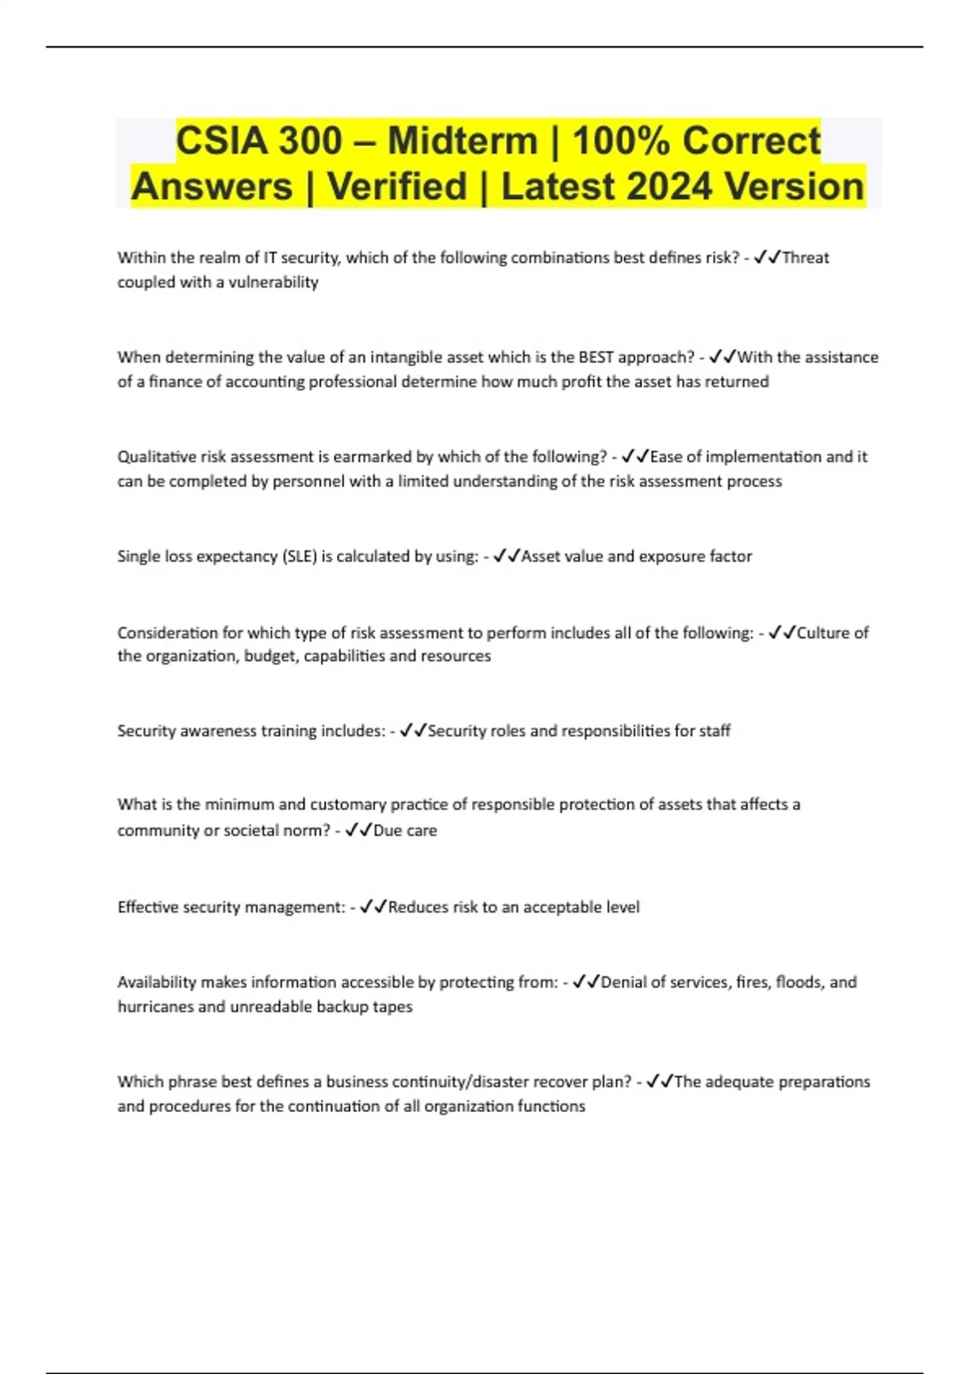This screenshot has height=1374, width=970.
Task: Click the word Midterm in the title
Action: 462,141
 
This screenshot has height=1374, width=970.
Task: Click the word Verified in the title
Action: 397,187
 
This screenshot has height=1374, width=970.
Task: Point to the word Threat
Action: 805,258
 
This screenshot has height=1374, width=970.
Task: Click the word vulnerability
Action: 273,282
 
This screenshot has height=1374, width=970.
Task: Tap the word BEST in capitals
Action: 596,357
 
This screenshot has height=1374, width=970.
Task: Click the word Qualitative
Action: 157,457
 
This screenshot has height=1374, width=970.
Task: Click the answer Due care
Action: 405,830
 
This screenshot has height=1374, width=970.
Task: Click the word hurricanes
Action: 156,1006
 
